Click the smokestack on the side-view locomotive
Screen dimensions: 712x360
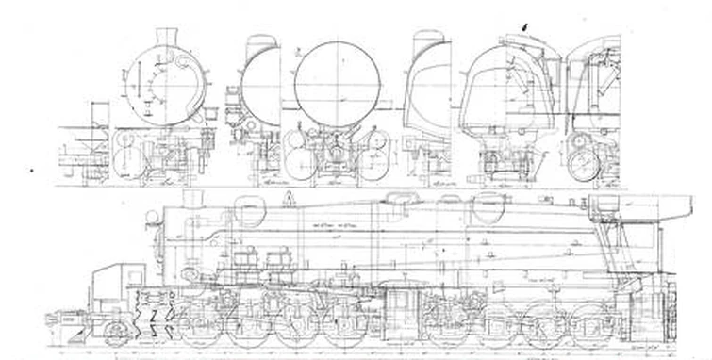pos(194,200)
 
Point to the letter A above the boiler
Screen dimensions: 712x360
pos(289,195)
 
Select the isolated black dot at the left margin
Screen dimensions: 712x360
pos(31,171)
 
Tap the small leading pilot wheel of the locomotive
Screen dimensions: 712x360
pos(117,333)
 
